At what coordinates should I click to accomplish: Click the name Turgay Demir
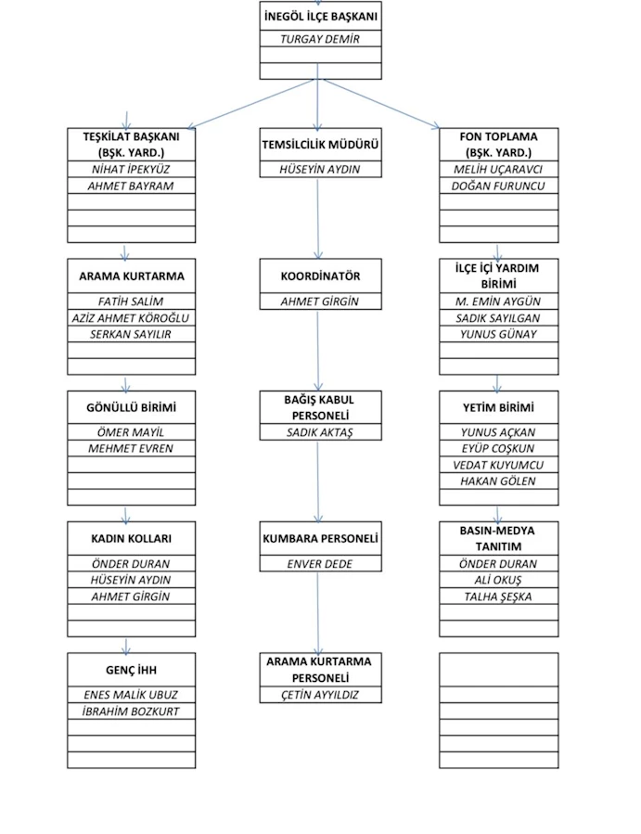[320, 39]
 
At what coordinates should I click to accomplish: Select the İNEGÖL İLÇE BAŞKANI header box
[320, 16]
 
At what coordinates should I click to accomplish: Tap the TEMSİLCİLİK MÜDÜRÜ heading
[320, 144]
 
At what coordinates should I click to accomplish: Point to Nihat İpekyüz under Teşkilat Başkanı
[131, 169]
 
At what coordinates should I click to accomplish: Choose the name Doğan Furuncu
[498, 186]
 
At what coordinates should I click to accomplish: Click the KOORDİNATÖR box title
[320, 276]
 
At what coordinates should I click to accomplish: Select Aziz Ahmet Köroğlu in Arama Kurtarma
[131, 318]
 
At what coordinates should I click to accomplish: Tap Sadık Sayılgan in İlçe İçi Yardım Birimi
[498, 318]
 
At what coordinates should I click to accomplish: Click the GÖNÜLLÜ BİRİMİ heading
[131, 407]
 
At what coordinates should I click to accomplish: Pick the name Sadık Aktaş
[320, 432]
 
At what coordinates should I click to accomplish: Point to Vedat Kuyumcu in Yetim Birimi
[498, 465]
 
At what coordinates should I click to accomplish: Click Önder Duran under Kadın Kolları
[131, 563]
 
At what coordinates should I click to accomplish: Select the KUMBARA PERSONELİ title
[320, 538]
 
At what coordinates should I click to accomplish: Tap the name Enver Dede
[320, 564]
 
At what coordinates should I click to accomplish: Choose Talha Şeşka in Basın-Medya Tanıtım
[498, 597]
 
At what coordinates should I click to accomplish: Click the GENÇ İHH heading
[131, 670]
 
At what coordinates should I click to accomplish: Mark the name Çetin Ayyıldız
[320, 695]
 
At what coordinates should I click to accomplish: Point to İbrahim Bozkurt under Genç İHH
[131, 712]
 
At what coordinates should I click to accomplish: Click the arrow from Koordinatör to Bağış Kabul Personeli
[318, 351]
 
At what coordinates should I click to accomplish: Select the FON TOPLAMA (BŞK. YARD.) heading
[498, 144]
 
